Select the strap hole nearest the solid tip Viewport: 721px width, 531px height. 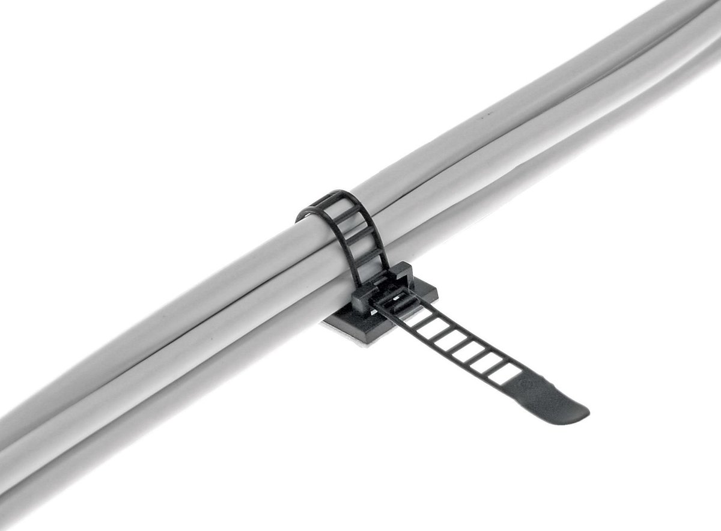(x=503, y=374)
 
